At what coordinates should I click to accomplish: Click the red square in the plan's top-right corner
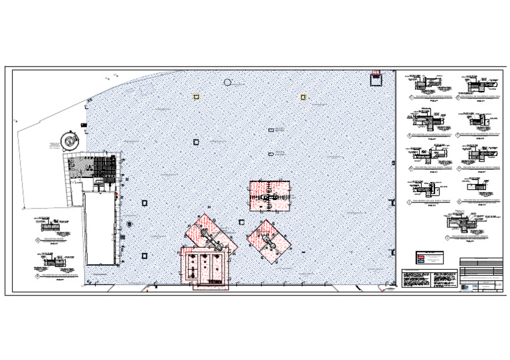click(376, 78)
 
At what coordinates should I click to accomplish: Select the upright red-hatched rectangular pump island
click(270, 196)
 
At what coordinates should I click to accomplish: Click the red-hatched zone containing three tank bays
click(205, 267)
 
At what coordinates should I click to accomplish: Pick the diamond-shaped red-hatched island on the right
click(270, 240)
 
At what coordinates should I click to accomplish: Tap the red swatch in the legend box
click(421, 256)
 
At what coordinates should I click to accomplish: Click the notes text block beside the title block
click(416, 278)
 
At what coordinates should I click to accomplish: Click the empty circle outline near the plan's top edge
click(228, 82)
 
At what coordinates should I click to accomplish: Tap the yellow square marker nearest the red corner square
click(303, 98)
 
